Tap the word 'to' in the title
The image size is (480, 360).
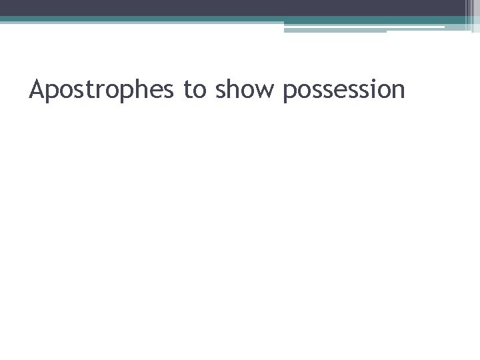coord(193,89)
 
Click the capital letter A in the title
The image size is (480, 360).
coord(37,88)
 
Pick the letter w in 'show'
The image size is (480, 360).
coord(266,91)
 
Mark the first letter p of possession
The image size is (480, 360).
coord(290,92)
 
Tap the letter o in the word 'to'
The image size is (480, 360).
coord(198,91)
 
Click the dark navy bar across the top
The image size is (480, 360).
coord(233,7)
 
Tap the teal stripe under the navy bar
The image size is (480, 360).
coord(200,19)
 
